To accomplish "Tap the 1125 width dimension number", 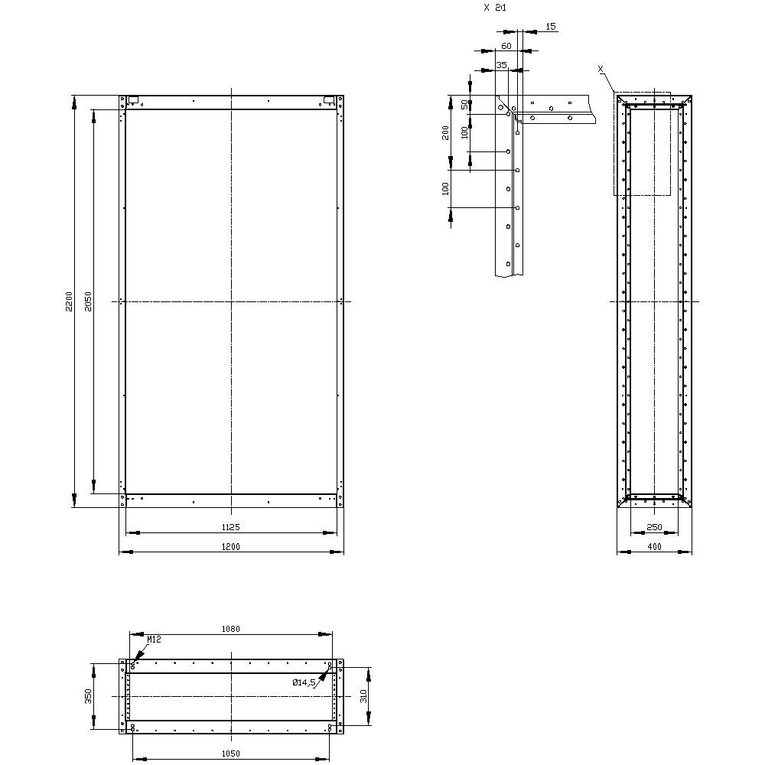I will pos(230,526).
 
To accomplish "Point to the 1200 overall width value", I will pos(230,546).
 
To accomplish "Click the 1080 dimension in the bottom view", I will pos(230,629).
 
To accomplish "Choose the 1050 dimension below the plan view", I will pos(230,754).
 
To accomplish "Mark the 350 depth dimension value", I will pos(89,695).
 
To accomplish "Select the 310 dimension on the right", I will pos(364,695).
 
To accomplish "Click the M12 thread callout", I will pos(154,640).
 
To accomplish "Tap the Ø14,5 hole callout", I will pos(304,682).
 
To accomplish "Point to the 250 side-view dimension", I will pos(654,526).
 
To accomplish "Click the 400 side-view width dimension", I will pos(654,546).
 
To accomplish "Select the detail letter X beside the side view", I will pos(601,69).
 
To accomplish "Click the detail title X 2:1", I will pos(495,8).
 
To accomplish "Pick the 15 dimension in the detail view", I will pos(551,27).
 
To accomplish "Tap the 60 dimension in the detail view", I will pos(506,46).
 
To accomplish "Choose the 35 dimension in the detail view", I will pos(501,65).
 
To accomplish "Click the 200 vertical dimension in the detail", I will pos(446,132).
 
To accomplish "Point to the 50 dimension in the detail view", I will pos(464,104).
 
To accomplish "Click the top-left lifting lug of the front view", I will pos(132,99).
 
